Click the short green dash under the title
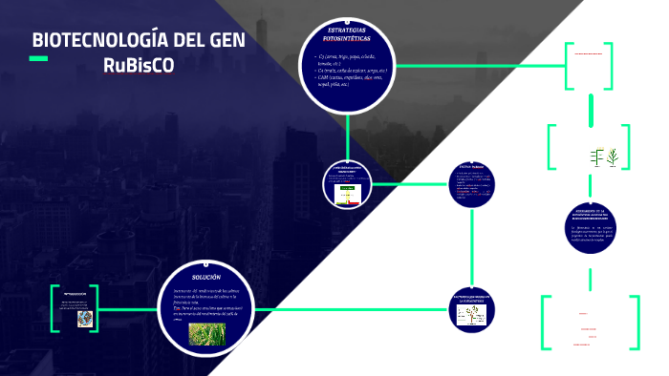tap(38, 59)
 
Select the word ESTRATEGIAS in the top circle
tap(347, 31)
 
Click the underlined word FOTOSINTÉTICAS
tap(347, 39)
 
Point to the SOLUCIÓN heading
tap(206, 276)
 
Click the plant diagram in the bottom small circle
tap(470, 318)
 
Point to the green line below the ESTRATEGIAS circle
tap(347, 134)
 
